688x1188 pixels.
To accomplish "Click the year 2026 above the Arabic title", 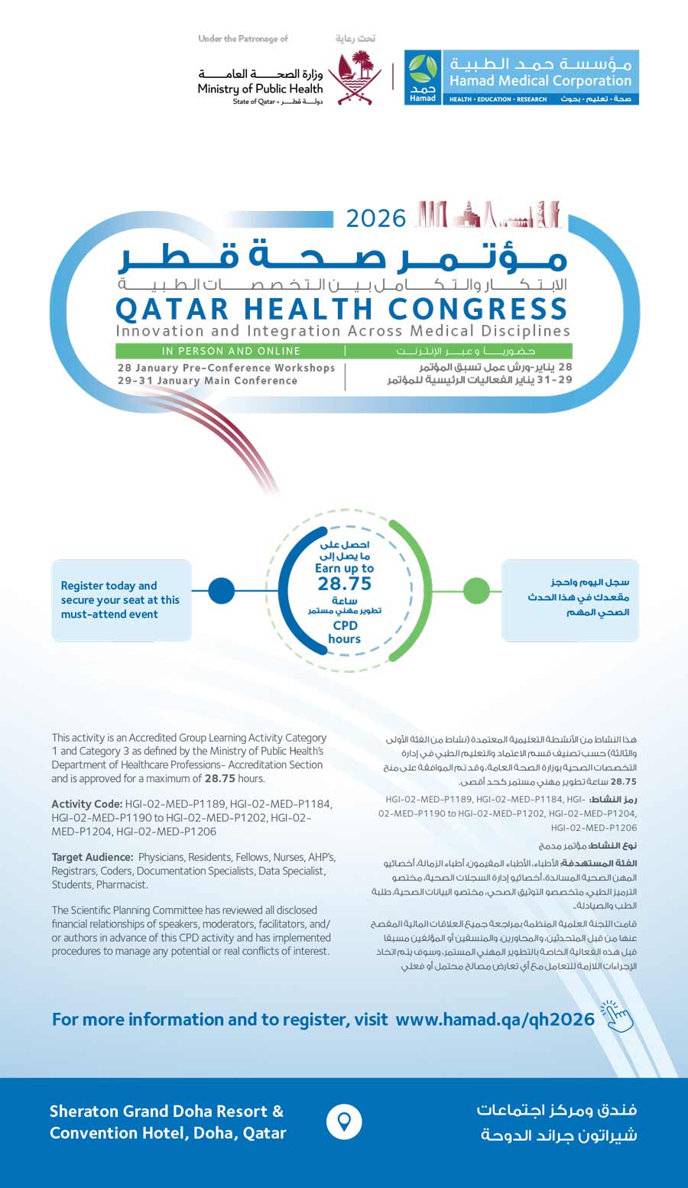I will [375, 219].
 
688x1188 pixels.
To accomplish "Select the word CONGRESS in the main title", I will [478, 309].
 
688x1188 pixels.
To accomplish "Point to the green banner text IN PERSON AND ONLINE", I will [231, 351].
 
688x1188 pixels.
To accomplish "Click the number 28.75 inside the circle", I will [345, 584].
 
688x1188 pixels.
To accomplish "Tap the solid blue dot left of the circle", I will [221, 590].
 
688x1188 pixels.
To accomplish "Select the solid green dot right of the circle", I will [476, 590].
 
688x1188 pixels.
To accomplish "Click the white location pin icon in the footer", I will [344, 1121].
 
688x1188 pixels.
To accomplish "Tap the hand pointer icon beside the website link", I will [618, 1017].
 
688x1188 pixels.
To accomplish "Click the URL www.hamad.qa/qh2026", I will [495, 1019].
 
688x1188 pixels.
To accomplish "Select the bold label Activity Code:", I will [86, 804].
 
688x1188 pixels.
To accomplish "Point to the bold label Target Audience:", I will [92, 858].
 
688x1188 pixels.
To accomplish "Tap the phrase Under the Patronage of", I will [243, 38].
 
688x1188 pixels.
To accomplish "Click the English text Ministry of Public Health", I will [260, 89].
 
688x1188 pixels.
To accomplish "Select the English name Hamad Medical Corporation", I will [540, 80].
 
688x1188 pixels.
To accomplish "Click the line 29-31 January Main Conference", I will [207, 381].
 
